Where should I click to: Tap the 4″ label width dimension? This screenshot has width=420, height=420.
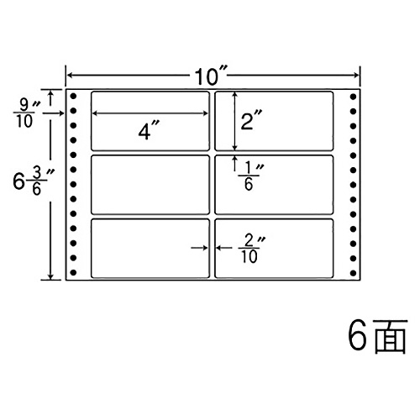148,131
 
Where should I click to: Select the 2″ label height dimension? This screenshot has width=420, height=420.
251,119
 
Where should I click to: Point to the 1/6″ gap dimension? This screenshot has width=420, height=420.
249,177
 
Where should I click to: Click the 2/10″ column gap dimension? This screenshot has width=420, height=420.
250,249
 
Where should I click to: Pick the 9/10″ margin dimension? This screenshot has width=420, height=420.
25,114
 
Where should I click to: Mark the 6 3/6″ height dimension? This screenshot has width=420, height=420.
32,182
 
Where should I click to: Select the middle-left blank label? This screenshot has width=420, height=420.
150,185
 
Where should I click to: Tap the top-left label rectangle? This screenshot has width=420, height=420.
150,121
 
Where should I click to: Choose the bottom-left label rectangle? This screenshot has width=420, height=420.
150,249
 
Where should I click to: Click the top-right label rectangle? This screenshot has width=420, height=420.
274,121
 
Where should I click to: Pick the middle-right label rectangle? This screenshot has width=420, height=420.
274,185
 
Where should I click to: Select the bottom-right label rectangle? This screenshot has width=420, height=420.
274,249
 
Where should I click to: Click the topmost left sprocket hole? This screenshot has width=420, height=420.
73,97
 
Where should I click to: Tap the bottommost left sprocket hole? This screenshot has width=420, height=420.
73,272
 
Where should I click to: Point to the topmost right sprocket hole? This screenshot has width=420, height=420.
353,97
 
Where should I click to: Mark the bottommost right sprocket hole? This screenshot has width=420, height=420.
353,272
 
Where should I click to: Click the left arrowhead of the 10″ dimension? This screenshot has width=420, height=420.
70,75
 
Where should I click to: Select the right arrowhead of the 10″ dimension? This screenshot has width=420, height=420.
355,75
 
